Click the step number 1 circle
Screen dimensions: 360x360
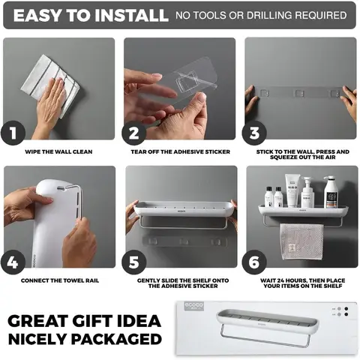click(x=13, y=133)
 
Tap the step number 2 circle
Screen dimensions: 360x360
click(x=133, y=133)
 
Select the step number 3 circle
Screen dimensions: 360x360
click(x=254, y=133)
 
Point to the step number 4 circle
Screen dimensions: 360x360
click(x=13, y=262)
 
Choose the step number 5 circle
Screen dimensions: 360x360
click(x=133, y=262)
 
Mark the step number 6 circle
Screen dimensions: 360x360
click(x=254, y=262)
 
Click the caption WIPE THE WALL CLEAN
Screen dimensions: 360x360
click(x=58, y=151)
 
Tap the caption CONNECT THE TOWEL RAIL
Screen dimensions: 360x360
click(x=60, y=280)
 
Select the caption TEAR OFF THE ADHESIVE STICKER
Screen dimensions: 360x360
click(x=180, y=151)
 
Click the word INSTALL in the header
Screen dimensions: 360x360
click(x=131, y=15)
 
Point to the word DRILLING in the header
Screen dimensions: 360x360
click(x=268, y=15)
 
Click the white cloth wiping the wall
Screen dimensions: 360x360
click(x=50, y=85)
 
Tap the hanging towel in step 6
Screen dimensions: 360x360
click(x=301, y=241)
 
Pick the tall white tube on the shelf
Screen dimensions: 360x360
click(x=292, y=190)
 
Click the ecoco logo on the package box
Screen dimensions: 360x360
click(x=194, y=306)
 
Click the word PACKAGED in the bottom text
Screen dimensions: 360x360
click(x=116, y=339)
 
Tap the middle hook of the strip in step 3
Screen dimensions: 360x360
click(x=299, y=93)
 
